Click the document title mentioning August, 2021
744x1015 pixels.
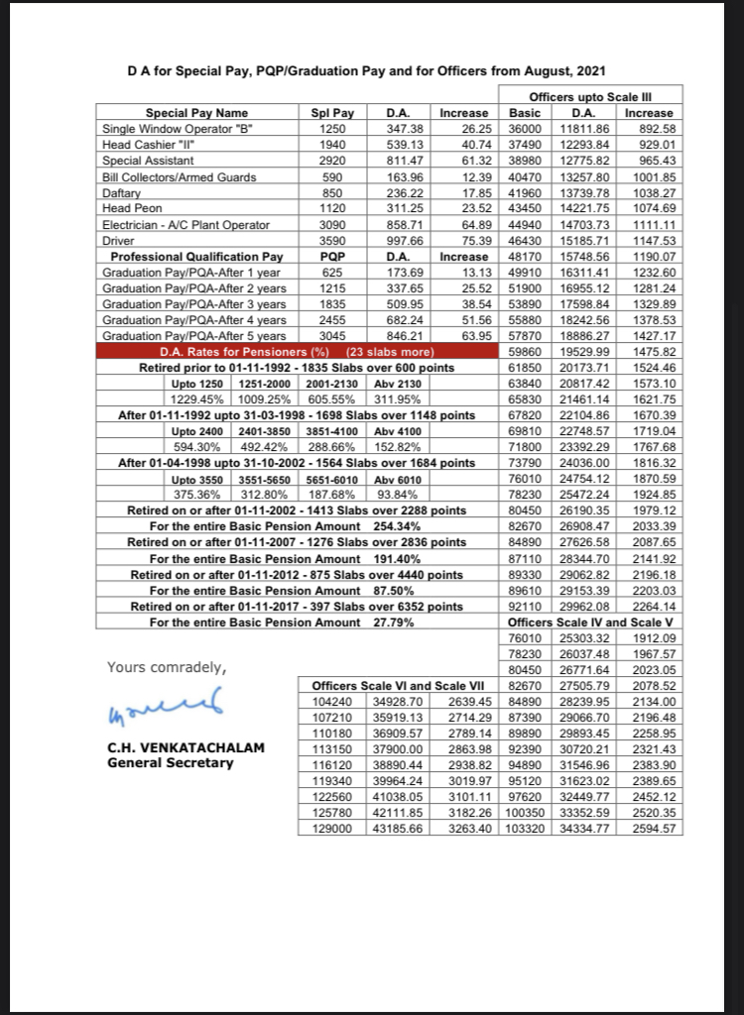click(367, 70)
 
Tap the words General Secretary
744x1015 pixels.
click(170, 762)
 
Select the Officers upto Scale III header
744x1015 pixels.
click(590, 95)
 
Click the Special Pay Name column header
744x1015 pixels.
click(196, 112)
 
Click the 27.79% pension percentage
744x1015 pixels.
click(394, 621)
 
